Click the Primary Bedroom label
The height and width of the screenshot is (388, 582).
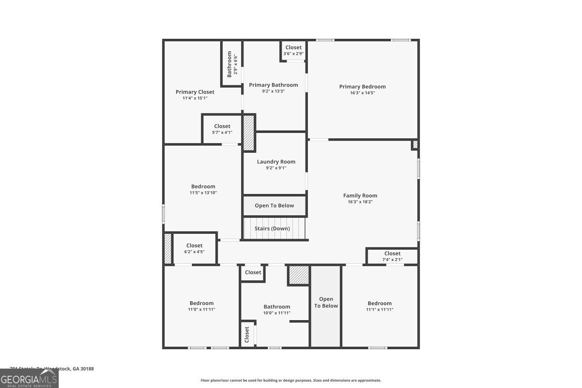[x=362, y=87]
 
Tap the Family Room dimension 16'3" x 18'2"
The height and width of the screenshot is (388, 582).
[x=360, y=202]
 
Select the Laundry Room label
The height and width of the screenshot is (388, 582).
[x=276, y=162]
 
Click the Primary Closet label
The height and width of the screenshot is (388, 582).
[x=195, y=92]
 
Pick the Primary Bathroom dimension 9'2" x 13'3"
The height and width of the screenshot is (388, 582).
[x=274, y=91]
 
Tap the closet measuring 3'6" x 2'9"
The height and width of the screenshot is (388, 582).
[x=293, y=50]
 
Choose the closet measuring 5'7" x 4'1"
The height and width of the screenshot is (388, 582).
[x=222, y=129]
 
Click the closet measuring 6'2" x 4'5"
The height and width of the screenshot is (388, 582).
[x=194, y=248]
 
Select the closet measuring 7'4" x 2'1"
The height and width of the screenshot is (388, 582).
[x=392, y=256]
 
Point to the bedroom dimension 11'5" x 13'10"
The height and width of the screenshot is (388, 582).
[x=203, y=193]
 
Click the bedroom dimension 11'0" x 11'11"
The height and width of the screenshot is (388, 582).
[x=201, y=309]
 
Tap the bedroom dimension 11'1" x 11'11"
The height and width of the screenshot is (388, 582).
[x=380, y=309]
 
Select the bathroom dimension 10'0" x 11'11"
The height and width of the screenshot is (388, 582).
[x=277, y=313]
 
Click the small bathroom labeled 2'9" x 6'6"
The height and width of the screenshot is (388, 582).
[x=232, y=65]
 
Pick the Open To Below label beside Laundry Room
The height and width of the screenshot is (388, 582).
[x=275, y=206]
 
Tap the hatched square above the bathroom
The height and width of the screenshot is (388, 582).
[x=299, y=275]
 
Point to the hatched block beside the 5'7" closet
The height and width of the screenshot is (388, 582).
[x=249, y=133]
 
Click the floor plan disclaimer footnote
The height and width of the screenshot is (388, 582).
[x=291, y=381]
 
